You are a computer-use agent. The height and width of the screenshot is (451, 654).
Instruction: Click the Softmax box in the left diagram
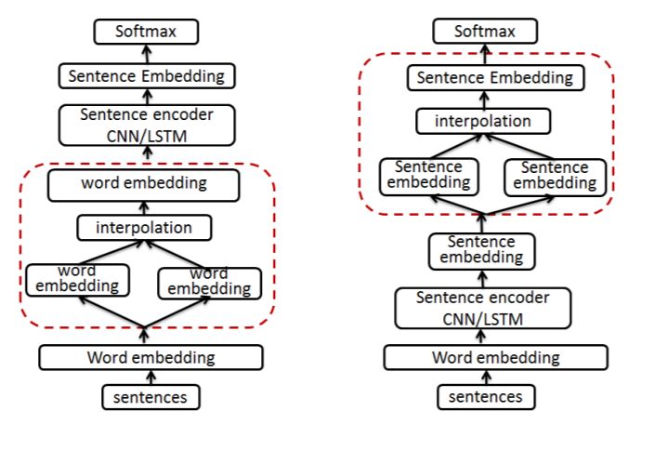tap(146, 32)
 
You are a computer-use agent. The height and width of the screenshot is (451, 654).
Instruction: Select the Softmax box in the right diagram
tap(484, 32)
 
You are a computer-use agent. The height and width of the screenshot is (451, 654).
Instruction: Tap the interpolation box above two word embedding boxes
tap(144, 227)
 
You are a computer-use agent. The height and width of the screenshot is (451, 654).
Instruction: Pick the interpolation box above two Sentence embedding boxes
tap(483, 121)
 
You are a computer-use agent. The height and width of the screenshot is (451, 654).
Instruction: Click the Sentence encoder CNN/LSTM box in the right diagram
tap(482, 309)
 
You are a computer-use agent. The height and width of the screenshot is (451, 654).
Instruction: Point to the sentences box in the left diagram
tap(150, 397)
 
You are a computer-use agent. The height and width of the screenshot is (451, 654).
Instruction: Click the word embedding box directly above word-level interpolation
tap(144, 184)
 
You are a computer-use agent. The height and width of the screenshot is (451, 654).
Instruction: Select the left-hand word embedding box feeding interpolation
tap(77, 279)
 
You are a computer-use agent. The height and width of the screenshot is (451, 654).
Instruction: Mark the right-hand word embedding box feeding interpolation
tap(209, 281)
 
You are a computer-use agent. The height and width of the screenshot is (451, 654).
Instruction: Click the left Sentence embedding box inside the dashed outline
tap(429, 176)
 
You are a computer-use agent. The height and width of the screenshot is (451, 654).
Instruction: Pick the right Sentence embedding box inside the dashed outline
tap(555, 176)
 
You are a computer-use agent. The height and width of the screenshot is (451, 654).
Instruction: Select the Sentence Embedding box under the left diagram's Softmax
tap(146, 75)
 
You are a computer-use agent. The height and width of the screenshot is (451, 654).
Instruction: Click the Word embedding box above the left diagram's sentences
tap(150, 357)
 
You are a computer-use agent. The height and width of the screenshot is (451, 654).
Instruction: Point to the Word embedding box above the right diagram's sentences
tap(495, 357)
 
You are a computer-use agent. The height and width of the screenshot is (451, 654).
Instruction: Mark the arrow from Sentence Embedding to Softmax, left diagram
tap(146, 53)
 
